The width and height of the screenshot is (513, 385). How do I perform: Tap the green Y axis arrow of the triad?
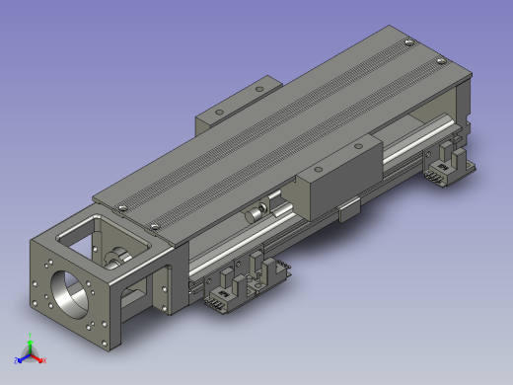(31, 347)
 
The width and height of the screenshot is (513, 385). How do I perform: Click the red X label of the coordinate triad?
(45, 361)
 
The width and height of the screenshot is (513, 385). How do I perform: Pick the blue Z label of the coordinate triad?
(17, 361)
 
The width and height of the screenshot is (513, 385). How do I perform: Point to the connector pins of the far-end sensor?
(434, 179)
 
